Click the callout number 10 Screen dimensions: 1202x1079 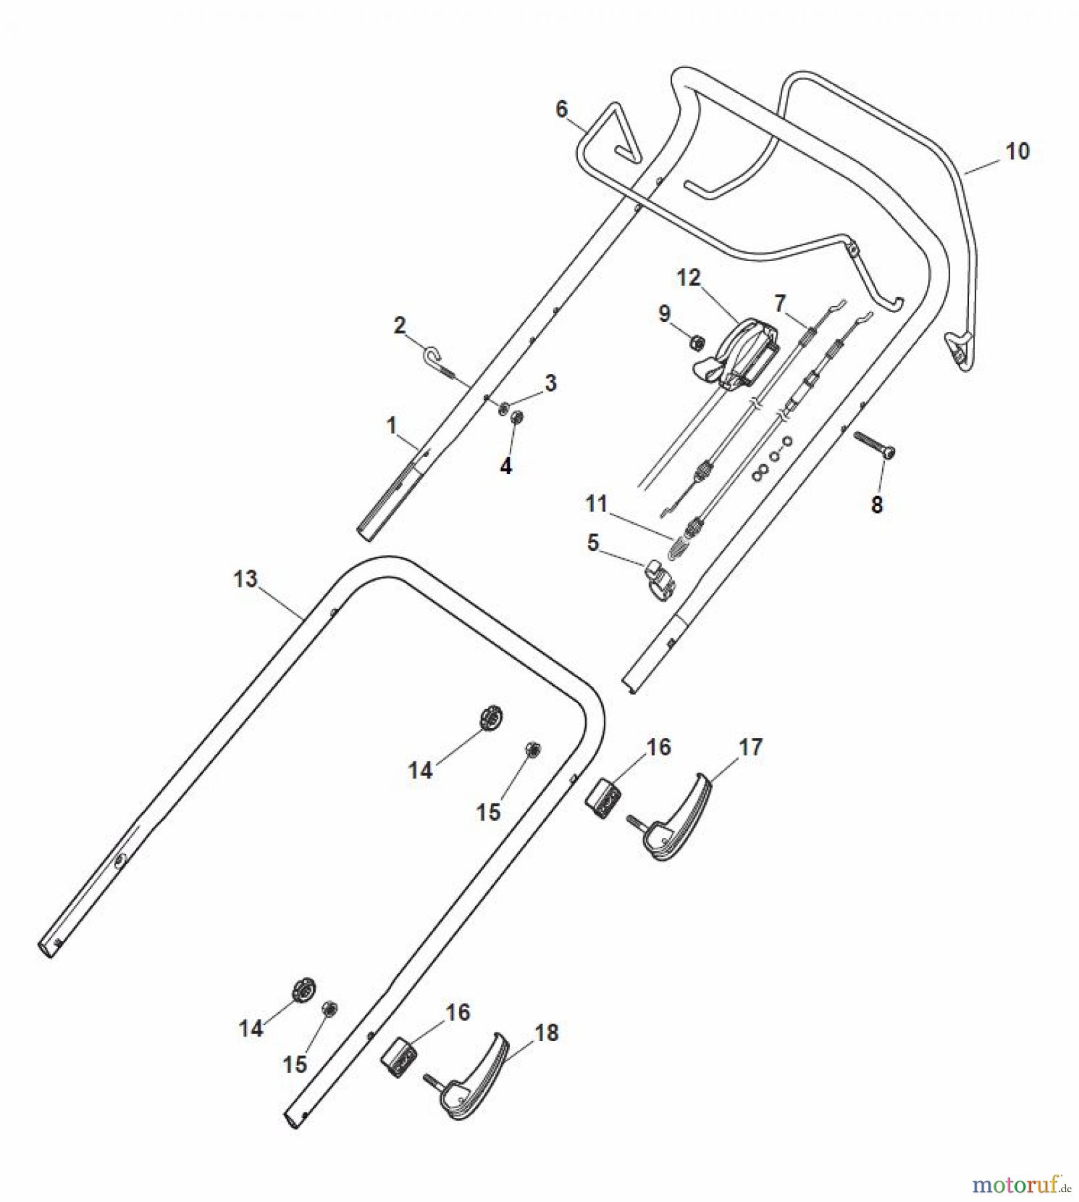point(1017,152)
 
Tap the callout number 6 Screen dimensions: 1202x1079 point(561,108)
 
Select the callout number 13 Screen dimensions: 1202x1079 point(245,579)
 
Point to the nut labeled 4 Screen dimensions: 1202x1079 point(516,418)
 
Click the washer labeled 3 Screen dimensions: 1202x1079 point(504,407)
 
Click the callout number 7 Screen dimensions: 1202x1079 point(780,303)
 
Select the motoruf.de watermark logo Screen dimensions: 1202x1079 point(1022,1185)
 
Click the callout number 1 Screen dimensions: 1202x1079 point(392,425)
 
